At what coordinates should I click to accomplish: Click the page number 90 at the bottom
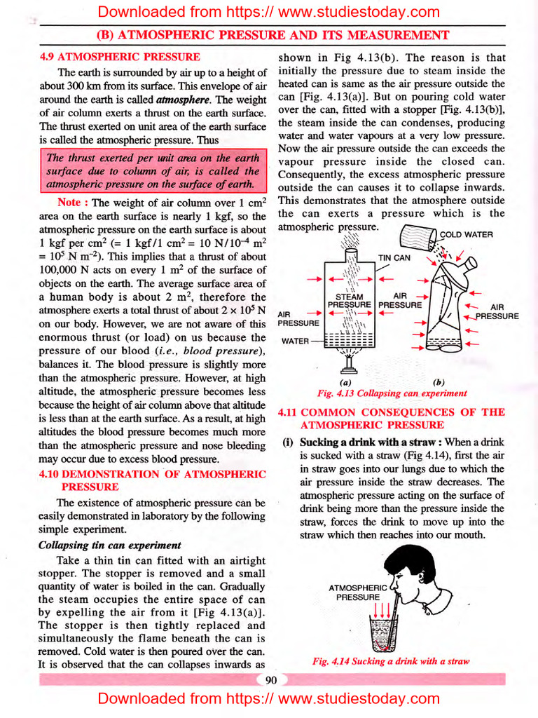271,678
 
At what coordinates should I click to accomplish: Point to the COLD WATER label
466,234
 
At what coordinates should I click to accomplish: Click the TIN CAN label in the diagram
394,257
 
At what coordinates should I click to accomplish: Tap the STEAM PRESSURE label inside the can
349,302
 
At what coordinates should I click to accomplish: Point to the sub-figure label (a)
345,382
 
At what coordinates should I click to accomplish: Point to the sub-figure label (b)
439,382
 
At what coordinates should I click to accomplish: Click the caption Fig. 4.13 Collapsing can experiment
392,393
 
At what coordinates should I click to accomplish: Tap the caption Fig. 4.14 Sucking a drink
390,661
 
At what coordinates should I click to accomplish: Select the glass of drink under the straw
382,635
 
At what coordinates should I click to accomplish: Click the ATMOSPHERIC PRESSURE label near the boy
357,592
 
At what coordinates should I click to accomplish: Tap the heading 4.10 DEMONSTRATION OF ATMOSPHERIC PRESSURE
152,480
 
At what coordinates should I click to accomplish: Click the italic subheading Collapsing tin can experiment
109,545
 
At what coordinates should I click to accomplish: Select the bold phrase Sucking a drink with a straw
371,442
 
